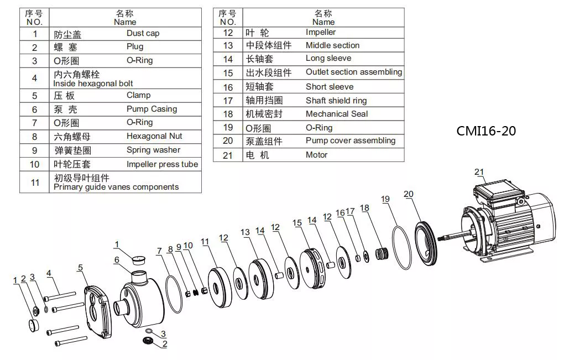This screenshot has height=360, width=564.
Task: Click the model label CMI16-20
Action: point(486,131)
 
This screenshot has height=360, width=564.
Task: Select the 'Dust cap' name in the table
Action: point(143,33)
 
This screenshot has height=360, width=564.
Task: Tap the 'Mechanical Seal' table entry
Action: point(336,114)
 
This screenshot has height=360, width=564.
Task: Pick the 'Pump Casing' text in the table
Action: point(152,109)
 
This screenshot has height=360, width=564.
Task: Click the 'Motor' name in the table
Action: point(316,155)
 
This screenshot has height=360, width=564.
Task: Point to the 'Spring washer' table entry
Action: point(153,150)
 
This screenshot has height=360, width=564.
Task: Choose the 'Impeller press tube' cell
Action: point(162,164)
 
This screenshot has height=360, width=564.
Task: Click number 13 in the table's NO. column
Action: point(228,45)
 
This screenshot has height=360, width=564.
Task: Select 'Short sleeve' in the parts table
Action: point(329,87)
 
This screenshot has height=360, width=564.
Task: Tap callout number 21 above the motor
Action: point(478,173)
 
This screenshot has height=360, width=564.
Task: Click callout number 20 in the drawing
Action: point(409,194)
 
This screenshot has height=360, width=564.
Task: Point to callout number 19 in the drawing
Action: point(385,199)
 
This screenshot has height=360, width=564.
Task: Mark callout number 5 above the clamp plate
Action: point(80,268)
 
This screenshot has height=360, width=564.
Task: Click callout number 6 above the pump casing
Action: point(117,260)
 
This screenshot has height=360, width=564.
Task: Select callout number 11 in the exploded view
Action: point(205,242)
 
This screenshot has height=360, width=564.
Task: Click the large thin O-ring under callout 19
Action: point(403,247)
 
